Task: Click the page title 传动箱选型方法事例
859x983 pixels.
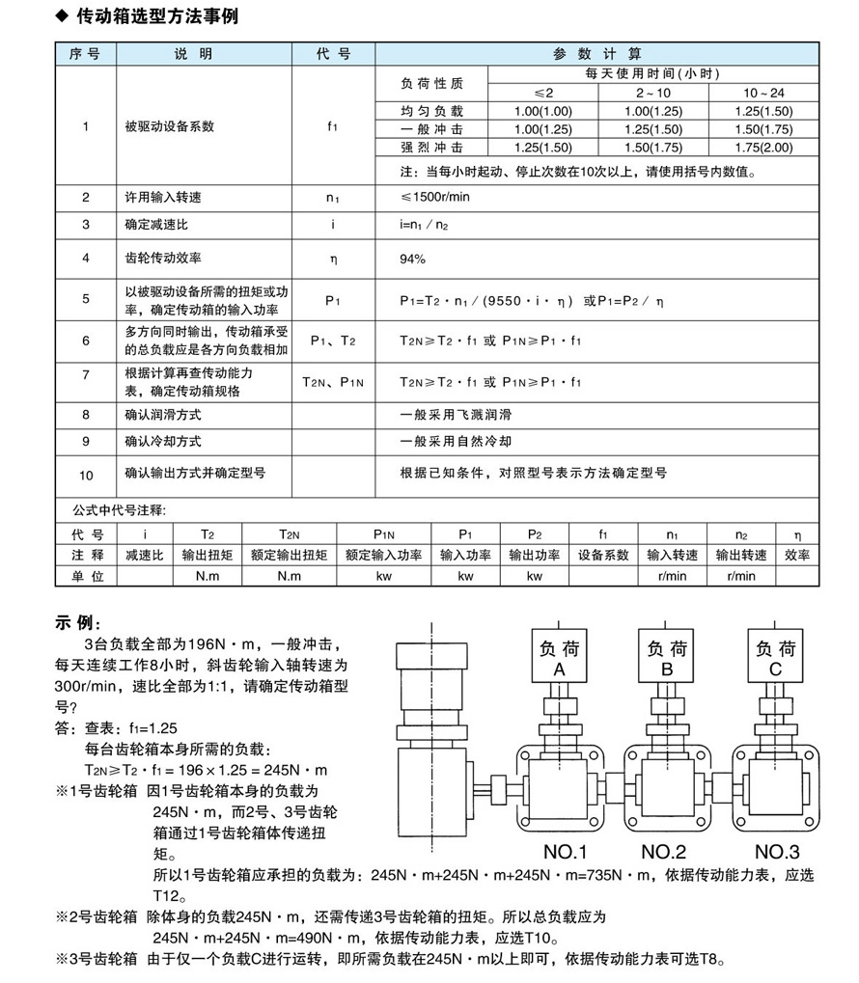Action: pyautogui.click(x=155, y=16)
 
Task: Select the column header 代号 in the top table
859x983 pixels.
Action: pyautogui.click(x=333, y=54)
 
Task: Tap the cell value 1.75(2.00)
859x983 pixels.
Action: pyautogui.click(x=762, y=148)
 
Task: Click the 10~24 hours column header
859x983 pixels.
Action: pyautogui.click(x=762, y=92)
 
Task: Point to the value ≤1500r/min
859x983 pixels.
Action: pyautogui.click(x=436, y=198)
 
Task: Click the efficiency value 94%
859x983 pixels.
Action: pyautogui.click(x=413, y=259)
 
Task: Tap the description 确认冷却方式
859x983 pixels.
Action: pyautogui.click(x=163, y=441)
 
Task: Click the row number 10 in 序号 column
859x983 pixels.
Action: pyautogui.click(x=86, y=475)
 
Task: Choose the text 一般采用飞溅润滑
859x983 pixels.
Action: pyautogui.click(x=456, y=415)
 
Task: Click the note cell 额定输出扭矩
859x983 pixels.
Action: pyautogui.click(x=289, y=555)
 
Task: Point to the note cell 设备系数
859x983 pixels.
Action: pyautogui.click(x=603, y=555)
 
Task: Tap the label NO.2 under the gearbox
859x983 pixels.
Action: pyautogui.click(x=665, y=852)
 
